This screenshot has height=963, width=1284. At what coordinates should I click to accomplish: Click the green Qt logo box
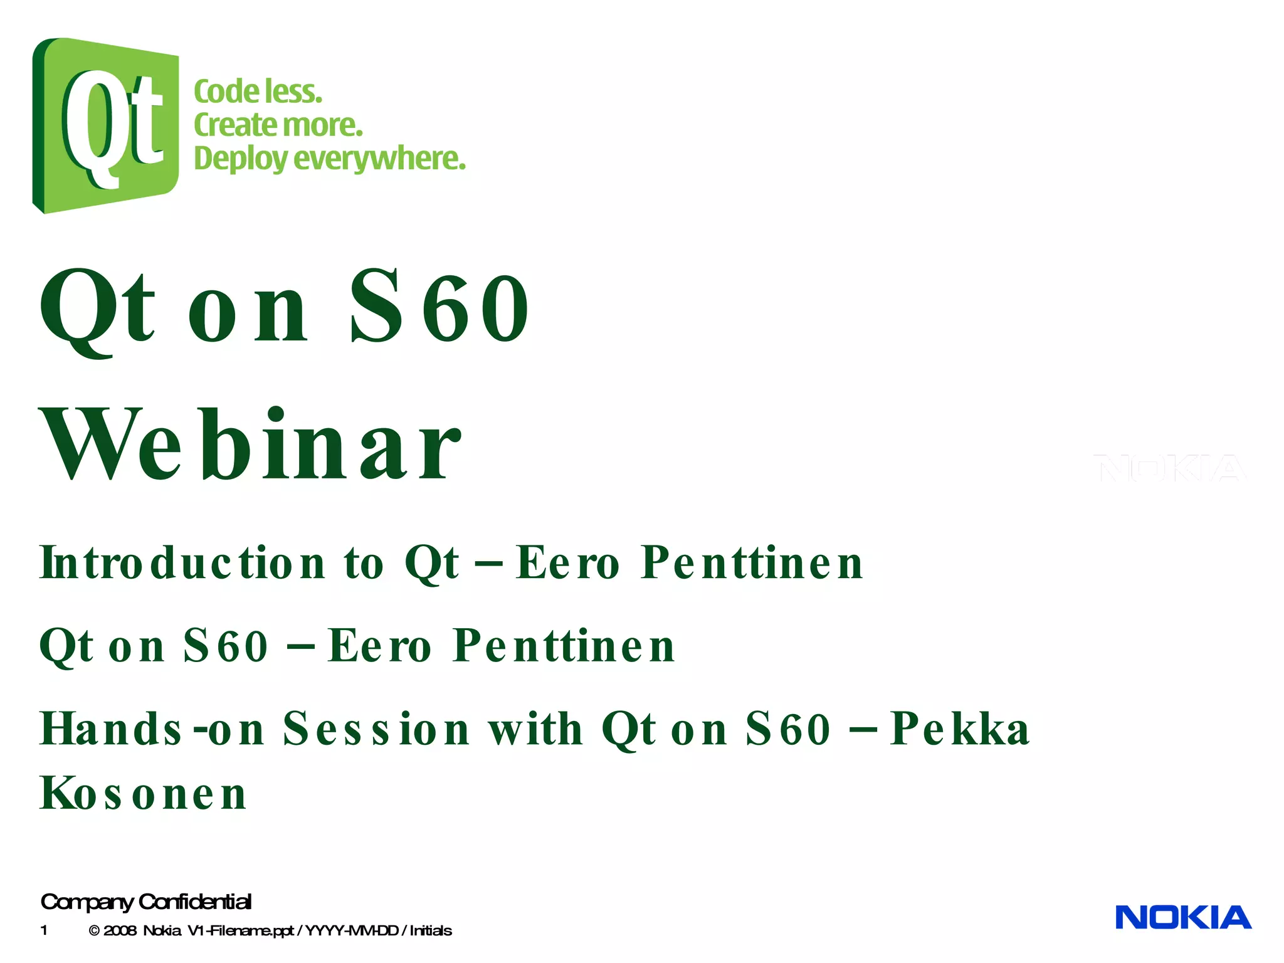[105, 125]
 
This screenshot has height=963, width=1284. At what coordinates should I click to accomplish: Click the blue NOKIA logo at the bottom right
[1183, 917]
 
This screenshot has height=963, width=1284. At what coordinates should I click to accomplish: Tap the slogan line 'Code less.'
[258, 92]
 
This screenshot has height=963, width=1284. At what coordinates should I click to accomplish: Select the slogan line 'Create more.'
[278, 125]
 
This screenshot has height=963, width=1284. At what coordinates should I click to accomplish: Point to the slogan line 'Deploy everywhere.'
[330, 158]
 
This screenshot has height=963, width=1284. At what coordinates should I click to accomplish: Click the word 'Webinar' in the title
[251, 444]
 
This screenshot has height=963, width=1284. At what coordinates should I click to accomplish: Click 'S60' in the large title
[439, 307]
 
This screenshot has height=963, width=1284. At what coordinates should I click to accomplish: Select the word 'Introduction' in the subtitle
[182, 562]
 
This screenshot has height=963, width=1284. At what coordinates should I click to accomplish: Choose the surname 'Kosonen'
[143, 794]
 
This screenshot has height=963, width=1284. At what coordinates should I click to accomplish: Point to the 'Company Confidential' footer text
[146, 902]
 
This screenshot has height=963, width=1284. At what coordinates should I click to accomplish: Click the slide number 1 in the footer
[44, 930]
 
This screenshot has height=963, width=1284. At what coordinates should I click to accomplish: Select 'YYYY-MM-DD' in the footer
[351, 930]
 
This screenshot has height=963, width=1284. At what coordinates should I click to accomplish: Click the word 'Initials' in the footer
[431, 930]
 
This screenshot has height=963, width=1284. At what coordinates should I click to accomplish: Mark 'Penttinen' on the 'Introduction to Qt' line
[752, 562]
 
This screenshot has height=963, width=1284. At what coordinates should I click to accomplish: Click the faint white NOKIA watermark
[1170, 468]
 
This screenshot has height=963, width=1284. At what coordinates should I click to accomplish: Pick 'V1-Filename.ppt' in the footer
[241, 930]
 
